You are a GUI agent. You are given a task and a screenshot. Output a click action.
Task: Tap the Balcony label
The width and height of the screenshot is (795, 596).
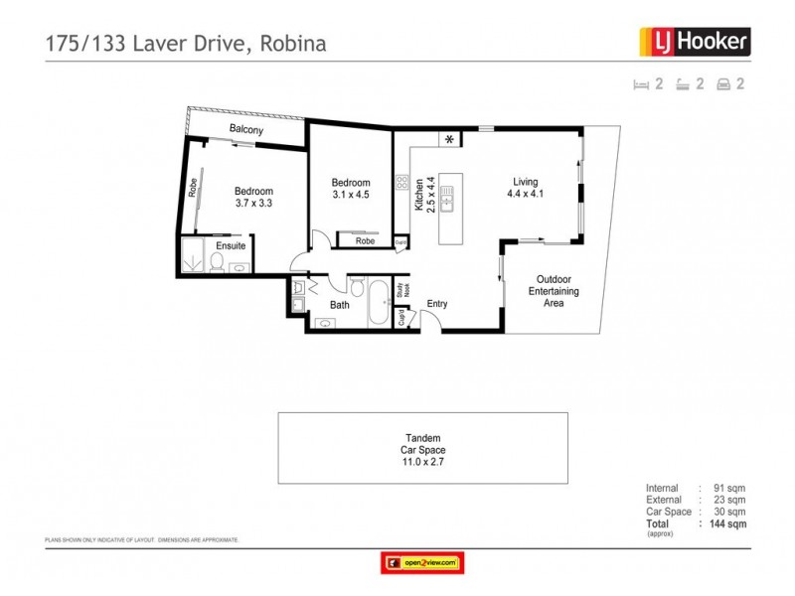tap(246, 130)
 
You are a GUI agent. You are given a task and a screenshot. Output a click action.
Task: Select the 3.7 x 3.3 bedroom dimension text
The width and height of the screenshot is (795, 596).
tap(252, 204)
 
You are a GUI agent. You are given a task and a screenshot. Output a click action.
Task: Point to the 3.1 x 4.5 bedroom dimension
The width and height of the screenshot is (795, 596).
tap(350, 195)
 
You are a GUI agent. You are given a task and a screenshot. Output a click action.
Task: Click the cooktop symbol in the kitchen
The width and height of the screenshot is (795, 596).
tap(402, 182)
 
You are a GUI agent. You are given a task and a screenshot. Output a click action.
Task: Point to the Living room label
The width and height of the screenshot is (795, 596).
tap(525, 182)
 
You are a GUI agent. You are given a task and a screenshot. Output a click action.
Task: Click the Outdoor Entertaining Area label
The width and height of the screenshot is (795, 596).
tap(557, 291)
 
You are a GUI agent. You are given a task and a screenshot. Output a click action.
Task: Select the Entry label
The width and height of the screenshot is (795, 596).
tap(438, 304)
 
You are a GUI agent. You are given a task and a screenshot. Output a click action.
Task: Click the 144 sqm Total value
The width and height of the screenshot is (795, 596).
tap(729, 522)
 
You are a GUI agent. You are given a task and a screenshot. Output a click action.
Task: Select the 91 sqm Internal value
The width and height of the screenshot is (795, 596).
tap(729, 489)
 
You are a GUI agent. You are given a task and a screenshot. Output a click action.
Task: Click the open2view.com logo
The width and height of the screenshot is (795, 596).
tap(421, 563)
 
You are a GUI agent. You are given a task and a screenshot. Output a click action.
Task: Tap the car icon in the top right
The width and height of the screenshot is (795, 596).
tap(722, 84)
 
